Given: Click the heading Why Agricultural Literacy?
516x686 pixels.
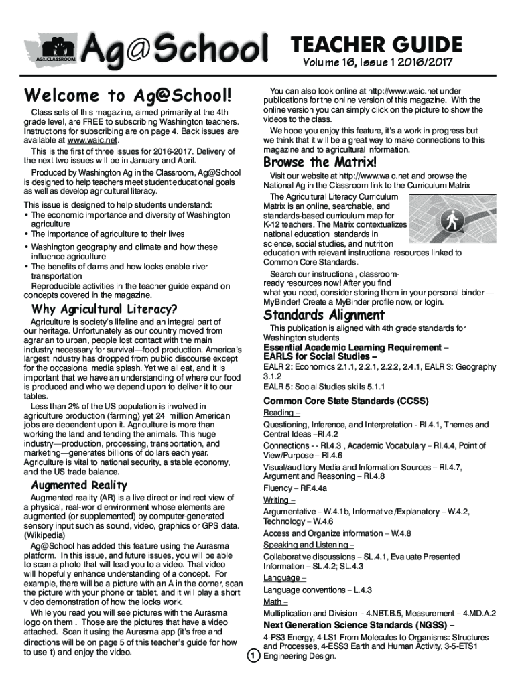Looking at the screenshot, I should [x=105, y=309].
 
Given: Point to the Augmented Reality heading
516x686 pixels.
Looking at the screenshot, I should [x=79, y=484].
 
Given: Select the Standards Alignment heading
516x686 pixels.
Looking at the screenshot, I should [x=324, y=314].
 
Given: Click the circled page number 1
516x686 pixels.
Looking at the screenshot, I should [x=253, y=656].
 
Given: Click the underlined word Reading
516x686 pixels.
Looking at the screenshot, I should [x=278, y=413].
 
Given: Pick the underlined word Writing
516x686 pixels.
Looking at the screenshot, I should [x=276, y=500].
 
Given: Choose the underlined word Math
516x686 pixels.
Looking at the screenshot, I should [x=273, y=602].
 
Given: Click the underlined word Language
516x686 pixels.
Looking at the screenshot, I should [x=281, y=578].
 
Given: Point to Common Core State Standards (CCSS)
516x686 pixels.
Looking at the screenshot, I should [x=345, y=401].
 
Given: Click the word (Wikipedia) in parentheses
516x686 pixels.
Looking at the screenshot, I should [x=46, y=536].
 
